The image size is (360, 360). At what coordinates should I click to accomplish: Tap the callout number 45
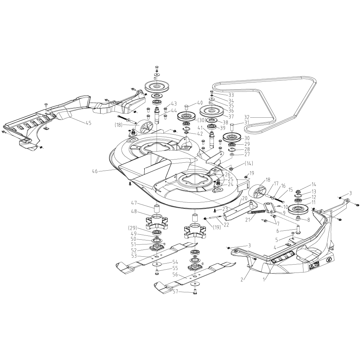(x=88, y=123)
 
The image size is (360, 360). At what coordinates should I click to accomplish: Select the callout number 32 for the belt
(x=247, y=117)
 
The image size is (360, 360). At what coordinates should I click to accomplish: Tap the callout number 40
(x=200, y=103)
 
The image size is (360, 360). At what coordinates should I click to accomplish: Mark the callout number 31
(x=247, y=122)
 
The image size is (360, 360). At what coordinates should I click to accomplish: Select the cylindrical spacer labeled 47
(x=157, y=208)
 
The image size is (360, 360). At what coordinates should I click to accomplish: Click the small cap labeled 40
(x=186, y=106)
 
